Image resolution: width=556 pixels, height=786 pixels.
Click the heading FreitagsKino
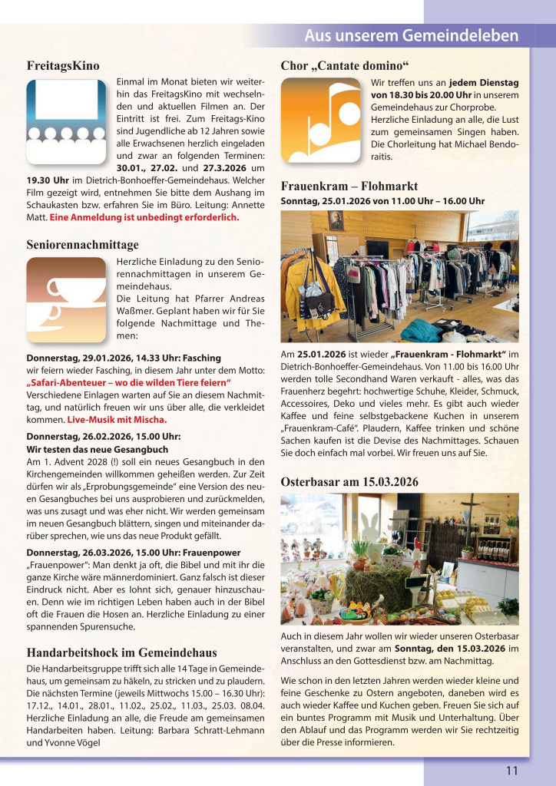63,65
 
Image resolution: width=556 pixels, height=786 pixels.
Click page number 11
511,771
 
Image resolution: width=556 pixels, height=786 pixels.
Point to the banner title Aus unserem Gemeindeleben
411,35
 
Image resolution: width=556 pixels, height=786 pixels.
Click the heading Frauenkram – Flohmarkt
349,186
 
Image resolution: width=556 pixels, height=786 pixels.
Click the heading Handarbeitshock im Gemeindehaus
121,652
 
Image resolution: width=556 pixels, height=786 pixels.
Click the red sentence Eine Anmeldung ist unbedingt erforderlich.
144,217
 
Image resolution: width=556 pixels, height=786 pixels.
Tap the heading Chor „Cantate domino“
344,65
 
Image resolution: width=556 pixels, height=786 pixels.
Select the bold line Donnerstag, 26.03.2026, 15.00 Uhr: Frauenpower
134,552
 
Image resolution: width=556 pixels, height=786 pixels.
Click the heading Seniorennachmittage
83,245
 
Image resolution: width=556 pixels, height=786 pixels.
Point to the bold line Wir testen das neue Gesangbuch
98,448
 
